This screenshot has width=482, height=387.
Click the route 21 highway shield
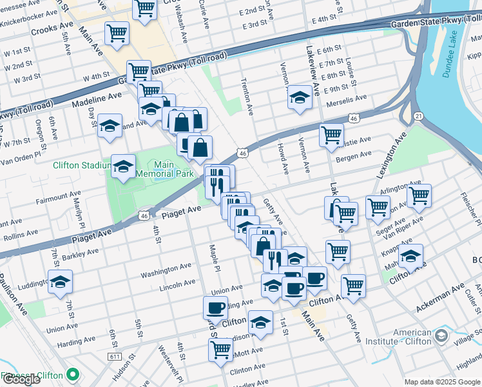(418, 115)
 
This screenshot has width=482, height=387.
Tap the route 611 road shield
(115, 357)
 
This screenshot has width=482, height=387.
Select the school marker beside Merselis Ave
(300, 97)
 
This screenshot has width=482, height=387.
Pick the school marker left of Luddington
(60, 281)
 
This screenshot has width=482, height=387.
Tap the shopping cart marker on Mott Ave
(220, 350)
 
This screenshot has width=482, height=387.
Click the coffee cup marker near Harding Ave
(215, 307)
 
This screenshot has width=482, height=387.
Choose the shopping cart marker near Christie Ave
(331, 135)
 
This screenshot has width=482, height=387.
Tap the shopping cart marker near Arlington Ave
(418, 195)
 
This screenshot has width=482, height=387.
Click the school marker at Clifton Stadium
(123, 166)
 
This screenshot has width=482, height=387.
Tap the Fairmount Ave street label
(59, 193)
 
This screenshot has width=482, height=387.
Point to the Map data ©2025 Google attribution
(441, 382)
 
